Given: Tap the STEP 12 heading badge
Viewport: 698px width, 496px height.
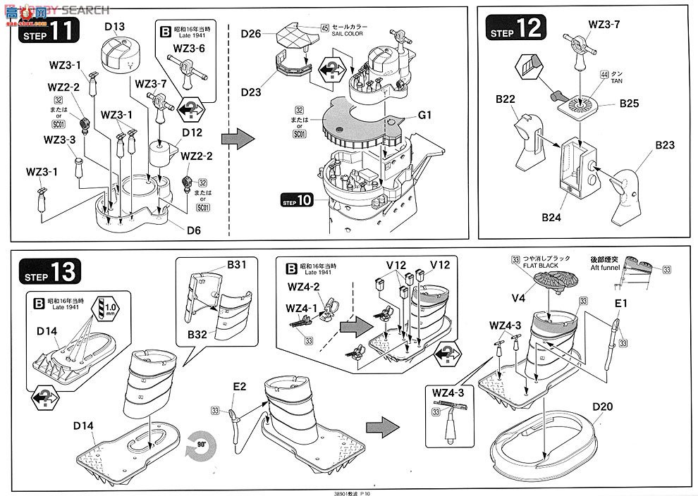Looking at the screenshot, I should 515,29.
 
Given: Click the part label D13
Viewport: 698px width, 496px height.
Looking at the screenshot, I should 114,27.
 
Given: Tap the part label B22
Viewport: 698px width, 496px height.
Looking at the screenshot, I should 505,99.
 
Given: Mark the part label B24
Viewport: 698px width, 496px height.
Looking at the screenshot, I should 551,217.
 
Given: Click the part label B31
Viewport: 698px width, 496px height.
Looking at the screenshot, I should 236,266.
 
